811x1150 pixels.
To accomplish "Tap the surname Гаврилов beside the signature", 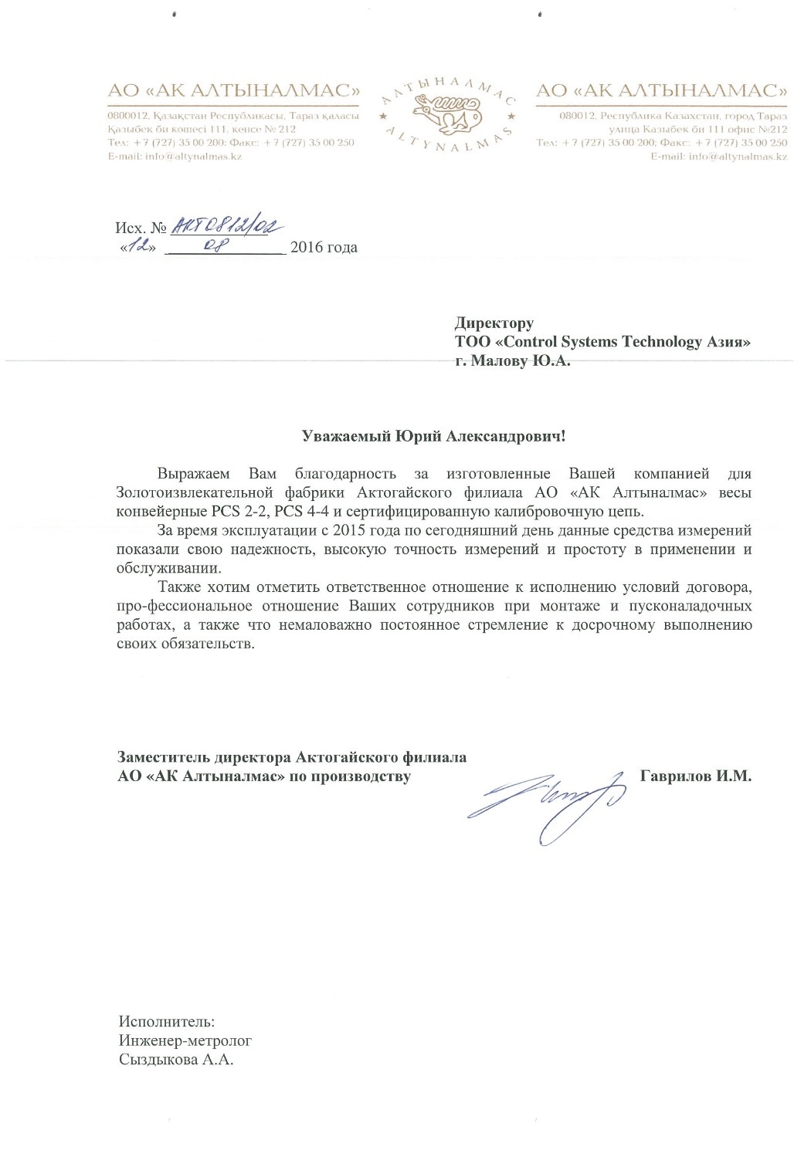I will click(x=675, y=776).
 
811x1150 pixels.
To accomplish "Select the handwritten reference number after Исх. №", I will click(x=226, y=225).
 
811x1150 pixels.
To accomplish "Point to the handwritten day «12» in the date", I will click(x=139, y=247).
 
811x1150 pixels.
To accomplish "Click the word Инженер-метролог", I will click(x=185, y=1040).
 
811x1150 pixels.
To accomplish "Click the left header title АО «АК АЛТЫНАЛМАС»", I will click(x=234, y=90).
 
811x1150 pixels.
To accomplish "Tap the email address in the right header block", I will click(x=718, y=156).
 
